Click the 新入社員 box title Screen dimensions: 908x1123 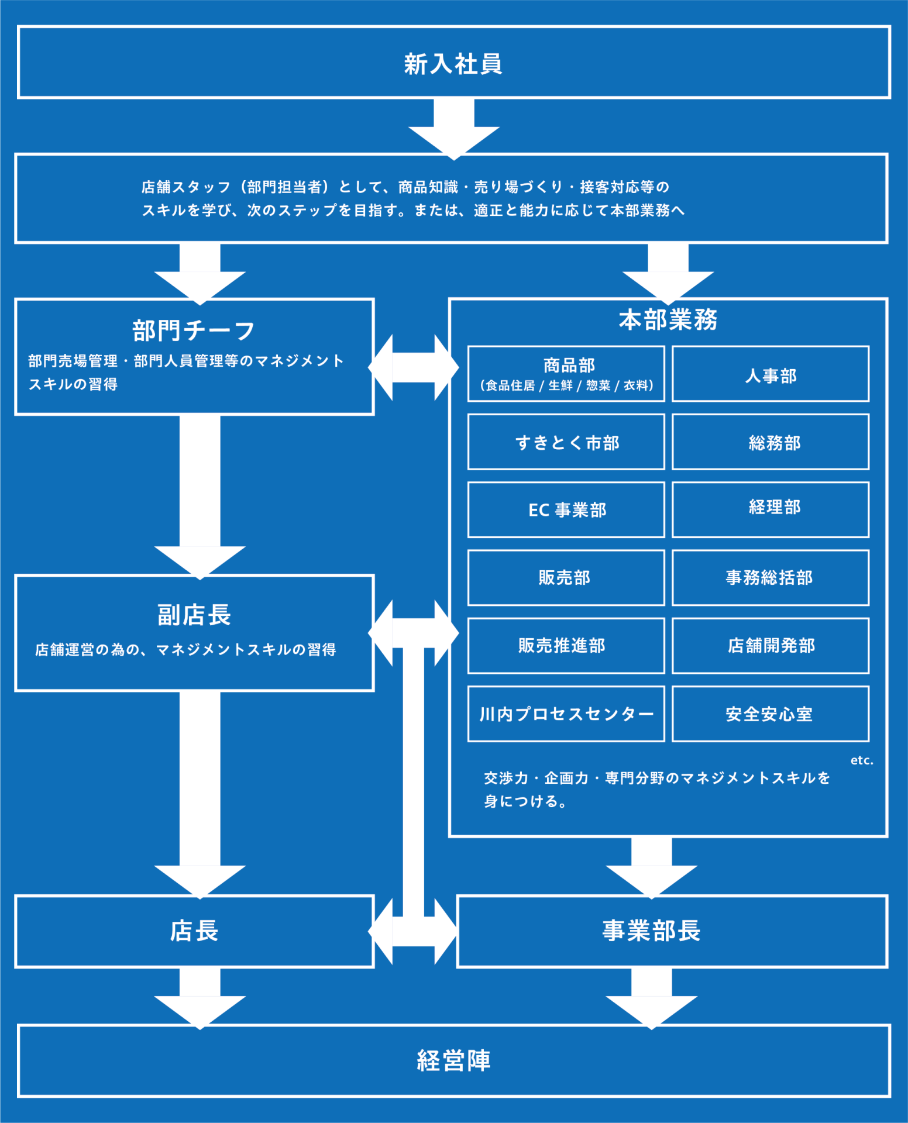coord(453,63)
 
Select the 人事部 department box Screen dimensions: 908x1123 coord(770,374)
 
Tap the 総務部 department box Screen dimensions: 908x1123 coord(770,442)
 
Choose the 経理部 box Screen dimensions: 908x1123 coord(770,509)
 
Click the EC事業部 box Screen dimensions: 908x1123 coord(566,509)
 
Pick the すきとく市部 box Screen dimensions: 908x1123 coord(566,442)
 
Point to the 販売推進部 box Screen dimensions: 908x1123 coord(566,646)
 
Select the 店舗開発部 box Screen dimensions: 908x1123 coord(770,646)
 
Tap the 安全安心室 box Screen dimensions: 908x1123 coord(770,714)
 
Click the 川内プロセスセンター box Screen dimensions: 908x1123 coord(566,714)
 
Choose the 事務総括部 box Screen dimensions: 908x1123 coord(770,577)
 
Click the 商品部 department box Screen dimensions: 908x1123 coord(566,374)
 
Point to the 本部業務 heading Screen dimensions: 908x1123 coord(668,319)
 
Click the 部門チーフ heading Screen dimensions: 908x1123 coord(194,330)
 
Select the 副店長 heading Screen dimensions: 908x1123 coord(194,615)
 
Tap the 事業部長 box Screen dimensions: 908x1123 coord(672,931)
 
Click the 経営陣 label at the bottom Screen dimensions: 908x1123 coord(453,1060)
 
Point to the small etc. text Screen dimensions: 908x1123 coord(862,760)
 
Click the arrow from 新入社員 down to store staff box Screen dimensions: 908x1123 coord(453,129)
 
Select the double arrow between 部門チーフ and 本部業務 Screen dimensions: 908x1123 coord(414,367)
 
